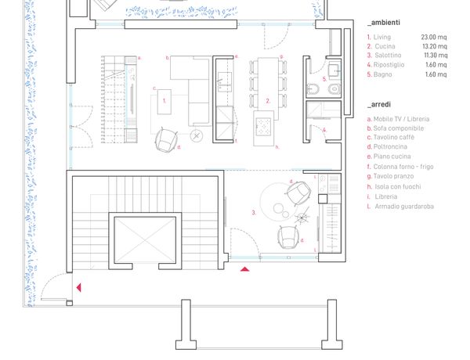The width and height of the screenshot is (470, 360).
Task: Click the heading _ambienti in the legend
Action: tap(384, 23)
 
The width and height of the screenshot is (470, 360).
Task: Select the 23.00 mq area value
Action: tap(434, 37)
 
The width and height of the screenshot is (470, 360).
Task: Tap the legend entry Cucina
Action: tap(385, 46)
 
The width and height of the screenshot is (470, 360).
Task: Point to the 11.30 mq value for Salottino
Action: tap(436, 56)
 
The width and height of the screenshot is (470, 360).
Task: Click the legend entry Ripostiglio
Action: tap(389, 65)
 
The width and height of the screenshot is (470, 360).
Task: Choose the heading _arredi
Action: tap(379, 105)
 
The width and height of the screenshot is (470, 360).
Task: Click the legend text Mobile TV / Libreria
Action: tap(401, 119)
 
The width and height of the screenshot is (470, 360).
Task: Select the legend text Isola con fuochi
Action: tap(398, 187)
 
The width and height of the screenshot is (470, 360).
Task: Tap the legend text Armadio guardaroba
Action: tap(404, 207)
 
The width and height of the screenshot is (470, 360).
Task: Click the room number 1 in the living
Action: tap(164, 101)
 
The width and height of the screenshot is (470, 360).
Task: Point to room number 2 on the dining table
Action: tap(268, 101)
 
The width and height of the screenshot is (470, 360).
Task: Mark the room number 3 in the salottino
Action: tap(254, 213)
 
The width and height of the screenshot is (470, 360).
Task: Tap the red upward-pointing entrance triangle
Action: tap(245, 269)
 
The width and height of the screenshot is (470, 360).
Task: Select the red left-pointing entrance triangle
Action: tap(79, 287)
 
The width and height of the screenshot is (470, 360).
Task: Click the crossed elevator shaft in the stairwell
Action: tap(145, 239)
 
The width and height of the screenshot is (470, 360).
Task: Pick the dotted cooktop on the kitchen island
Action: tap(263, 126)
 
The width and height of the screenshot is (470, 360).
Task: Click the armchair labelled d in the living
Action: tap(166, 139)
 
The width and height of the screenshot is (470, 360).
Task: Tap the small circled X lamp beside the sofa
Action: tap(197, 136)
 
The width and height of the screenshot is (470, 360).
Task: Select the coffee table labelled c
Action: tap(164, 102)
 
